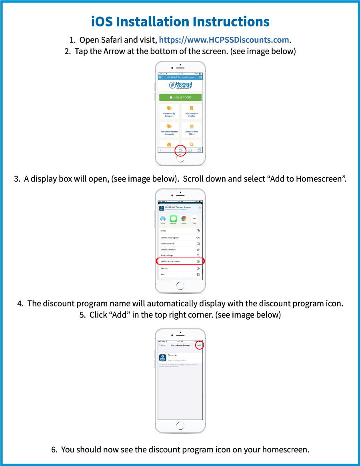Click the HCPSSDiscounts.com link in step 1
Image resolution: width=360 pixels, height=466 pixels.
tap(224, 40)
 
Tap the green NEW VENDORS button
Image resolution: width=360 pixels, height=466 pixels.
tap(180, 97)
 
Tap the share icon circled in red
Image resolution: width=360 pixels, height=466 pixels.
tap(180, 150)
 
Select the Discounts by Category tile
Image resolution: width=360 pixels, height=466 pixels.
tap(169, 112)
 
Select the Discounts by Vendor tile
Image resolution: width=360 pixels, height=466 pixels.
tap(192, 112)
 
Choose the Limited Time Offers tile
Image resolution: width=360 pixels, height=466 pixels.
tap(192, 130)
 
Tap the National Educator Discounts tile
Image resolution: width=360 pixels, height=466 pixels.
tap(169, 130)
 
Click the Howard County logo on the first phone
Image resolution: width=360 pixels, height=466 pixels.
tap(180, 86)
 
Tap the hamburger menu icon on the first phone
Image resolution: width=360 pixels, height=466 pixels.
tap(160, 77)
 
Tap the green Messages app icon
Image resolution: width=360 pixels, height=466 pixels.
tap(173, 219)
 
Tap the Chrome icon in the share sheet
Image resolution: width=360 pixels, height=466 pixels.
tap(184, 219)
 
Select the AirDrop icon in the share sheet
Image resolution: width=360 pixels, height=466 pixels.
tap(163, 219)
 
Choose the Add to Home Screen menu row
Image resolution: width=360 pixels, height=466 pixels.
tap(180, 261)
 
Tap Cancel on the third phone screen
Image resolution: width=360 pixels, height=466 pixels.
tap(162, 345)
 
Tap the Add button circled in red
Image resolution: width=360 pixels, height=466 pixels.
tap(199, 345)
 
